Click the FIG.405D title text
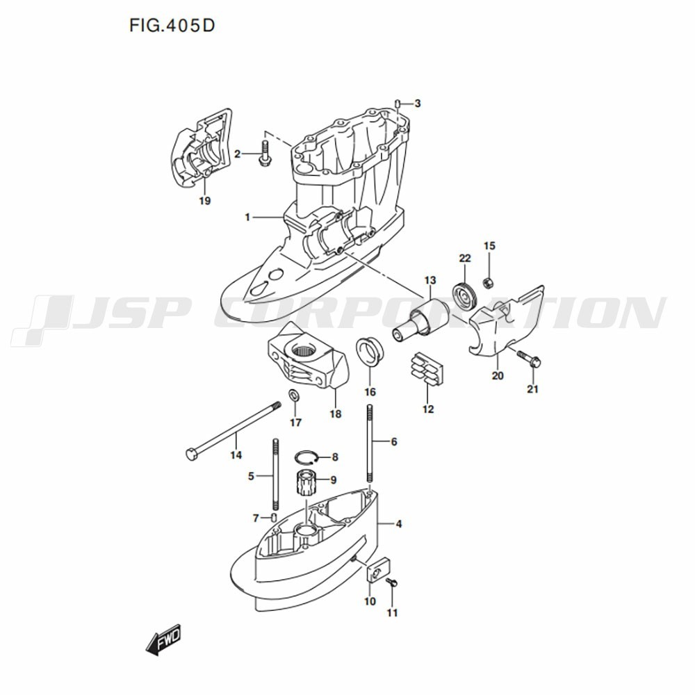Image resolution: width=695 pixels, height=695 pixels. pos(172,26)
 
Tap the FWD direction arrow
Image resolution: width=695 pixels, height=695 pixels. pos(163,639)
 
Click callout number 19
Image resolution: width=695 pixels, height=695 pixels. pos(204,201)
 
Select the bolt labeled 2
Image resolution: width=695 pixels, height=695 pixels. pos(265,154)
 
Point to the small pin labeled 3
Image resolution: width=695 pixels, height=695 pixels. pos(398,104)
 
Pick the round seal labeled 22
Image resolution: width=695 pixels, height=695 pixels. pos(464,294)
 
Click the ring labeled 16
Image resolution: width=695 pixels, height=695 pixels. pos(370,352)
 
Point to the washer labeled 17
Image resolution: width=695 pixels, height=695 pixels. pos(294,393)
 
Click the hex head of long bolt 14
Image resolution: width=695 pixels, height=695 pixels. pos(191,455)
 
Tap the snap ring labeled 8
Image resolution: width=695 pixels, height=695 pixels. pos(306,457)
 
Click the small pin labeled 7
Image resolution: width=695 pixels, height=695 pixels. pos(273,517)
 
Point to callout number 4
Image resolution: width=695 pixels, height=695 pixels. pos(399,524)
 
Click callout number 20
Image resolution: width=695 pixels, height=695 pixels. pos(498,376)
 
